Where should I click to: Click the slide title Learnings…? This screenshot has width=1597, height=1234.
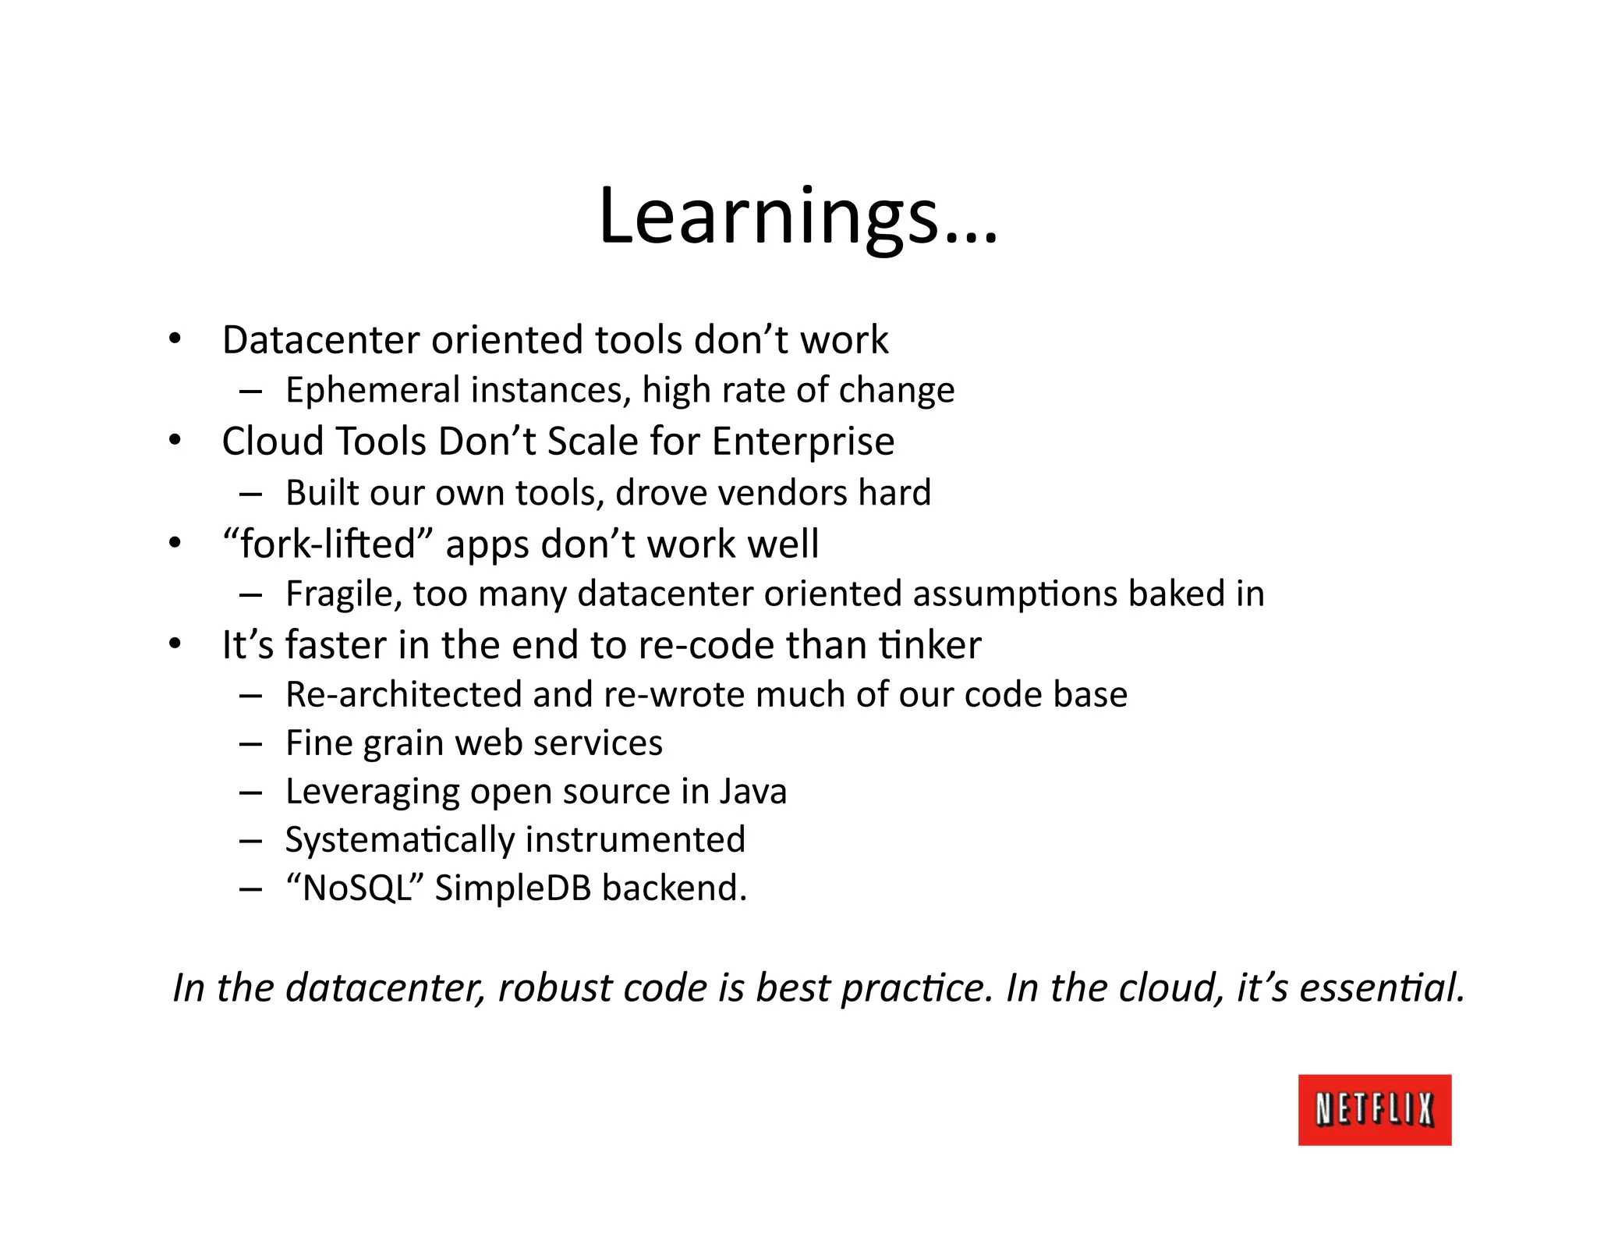pyautogui.click(x=797, y=216)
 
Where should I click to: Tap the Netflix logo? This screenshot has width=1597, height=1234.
pyautogui.click(x=1374, y=1109)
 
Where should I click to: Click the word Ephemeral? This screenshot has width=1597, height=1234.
pyautogui.click(x=372, y=390)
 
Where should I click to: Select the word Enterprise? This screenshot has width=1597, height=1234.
pyautogui.click(x=802, y=442)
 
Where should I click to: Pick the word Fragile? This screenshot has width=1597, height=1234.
pyautogui.click(x=343, y=594)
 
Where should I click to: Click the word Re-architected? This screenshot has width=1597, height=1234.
pyautogui.click(x=403, y=694)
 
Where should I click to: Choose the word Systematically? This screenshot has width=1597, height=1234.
pyautogui.click(x=401, y=841)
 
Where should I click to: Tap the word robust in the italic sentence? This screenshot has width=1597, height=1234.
pyautogui.click(x=555, y=988)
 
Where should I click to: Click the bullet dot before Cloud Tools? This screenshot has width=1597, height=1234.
pyautogui.click(x=175, y=441)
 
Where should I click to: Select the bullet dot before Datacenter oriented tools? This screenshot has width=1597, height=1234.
pyautogui.click(x=175, y=339)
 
